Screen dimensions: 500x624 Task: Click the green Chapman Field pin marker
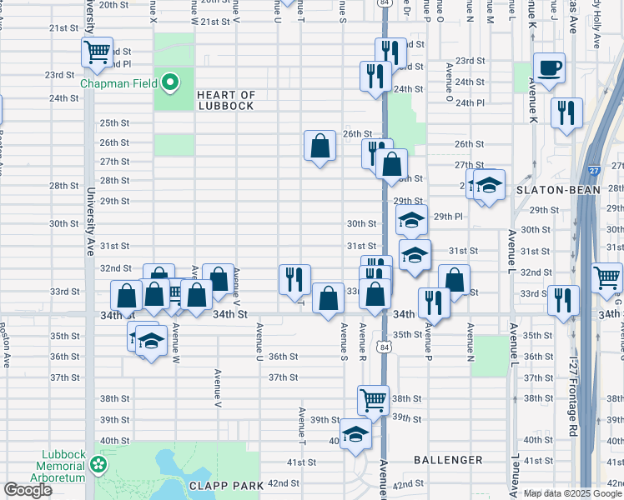pyautogui.click(x=170, y=82)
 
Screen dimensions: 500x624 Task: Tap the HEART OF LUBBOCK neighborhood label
pyautogui.click(x=225, y=100)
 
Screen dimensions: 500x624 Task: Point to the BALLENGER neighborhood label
pyautogui.click(x=448, y=460)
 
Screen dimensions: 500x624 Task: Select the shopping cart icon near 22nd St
pyautogui.click(x=98, y=52)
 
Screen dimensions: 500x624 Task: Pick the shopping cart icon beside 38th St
pyautogui.click(x=373, y=400)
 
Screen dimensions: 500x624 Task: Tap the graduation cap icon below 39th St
pyautogui.click(x=355, y=434)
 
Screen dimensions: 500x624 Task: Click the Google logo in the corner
pyautogui.click(x=28, y=490)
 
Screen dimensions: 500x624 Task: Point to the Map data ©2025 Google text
pyautogui.click(x=572, y=493)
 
